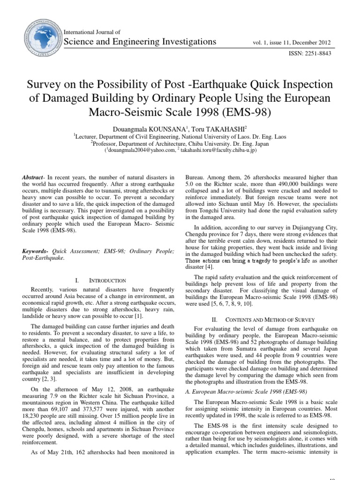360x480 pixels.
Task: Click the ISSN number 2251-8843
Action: tap(318, 53)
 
